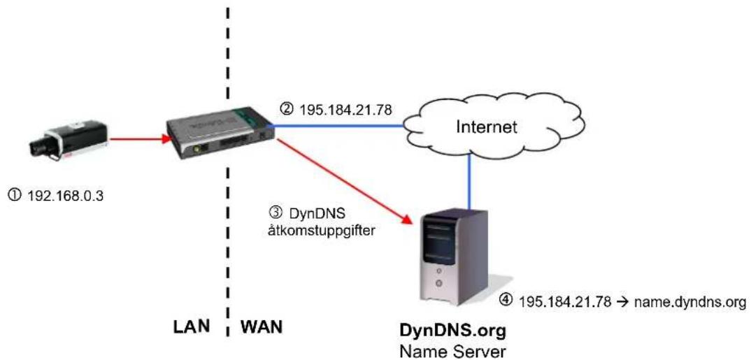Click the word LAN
click(191, 327)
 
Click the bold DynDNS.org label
click(452, 331)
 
